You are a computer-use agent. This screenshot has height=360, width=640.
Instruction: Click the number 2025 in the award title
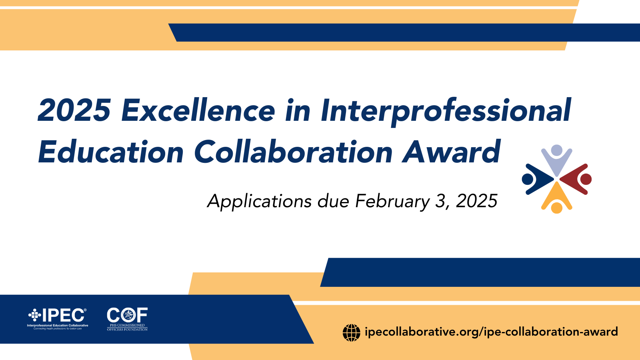coord(74,110)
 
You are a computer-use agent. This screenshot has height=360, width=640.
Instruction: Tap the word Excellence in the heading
coord(198,110)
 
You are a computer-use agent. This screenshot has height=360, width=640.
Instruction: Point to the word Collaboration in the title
coord(293,152)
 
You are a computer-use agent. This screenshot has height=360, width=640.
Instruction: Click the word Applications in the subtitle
coord(259,201)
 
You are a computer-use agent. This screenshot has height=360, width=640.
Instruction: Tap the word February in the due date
coord(392,201)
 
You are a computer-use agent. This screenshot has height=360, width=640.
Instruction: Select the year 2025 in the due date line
coord(477,201)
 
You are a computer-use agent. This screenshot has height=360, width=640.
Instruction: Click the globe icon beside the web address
coord(352,332)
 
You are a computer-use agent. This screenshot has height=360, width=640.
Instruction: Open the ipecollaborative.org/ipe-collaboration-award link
coord(491,332)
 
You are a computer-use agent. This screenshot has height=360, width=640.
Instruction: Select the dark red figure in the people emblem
coord(578,179)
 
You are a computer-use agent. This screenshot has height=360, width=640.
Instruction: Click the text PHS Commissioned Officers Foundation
coord(127,328)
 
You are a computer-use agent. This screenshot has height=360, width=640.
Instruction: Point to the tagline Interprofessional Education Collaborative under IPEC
coord(58,326)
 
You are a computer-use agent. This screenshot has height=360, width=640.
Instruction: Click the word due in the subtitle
coord(333,201)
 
